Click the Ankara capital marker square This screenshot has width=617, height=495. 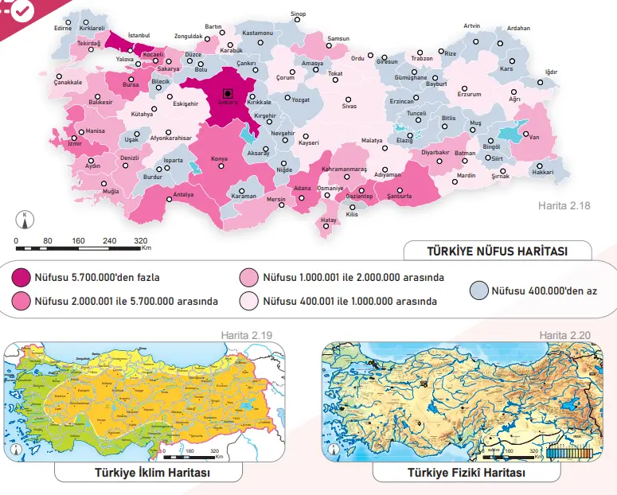(228, 92)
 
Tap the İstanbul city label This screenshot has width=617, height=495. (139, 35)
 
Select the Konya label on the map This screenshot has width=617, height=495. (218, 159)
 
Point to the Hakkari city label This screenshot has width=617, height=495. (542, 172)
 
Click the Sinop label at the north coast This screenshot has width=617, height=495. (298, 14)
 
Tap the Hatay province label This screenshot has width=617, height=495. (329, 219)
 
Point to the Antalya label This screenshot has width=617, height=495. (183, 194)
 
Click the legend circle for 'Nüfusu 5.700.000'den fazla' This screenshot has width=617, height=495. (21, 278)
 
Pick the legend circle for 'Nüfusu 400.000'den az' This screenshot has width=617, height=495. (479, 290)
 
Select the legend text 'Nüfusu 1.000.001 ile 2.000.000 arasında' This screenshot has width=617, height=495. (353, 278)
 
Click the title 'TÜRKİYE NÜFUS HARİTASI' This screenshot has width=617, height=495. (497, 251)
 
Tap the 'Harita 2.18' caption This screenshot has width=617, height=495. (564, 206)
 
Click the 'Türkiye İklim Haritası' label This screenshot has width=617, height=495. (152, 473)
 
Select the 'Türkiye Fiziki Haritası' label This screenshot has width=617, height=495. (466, 473)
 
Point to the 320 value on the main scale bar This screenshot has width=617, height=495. (141, 240)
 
